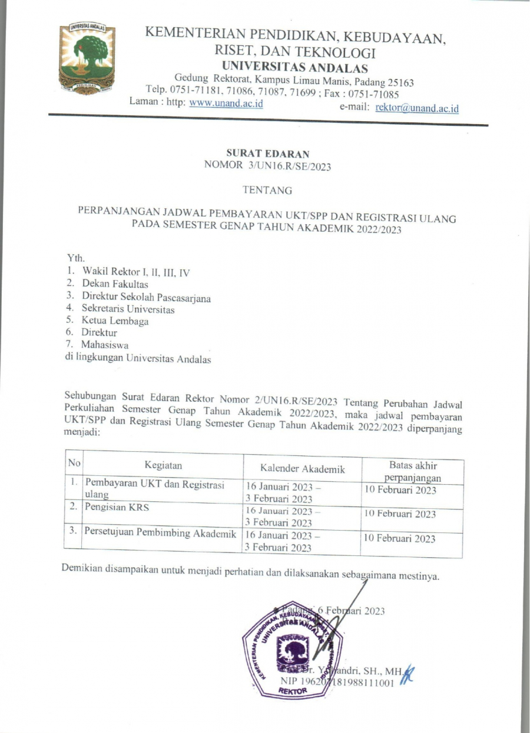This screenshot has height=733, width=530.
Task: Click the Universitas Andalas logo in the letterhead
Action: pyautogui.click(x=87, y=58)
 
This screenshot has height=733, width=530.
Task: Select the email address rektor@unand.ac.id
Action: pyautogui.click(x=416, y=108)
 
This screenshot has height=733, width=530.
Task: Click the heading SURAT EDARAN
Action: pyautogui.click(x=268, y=154)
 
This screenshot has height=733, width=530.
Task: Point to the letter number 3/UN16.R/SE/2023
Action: pyautogui.click(x=290, y=166)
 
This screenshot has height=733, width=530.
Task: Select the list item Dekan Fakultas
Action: pyautogui.click(x=115, y=284)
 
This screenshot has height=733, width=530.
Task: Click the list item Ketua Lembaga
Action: pyautogui.click(x=115, y=321)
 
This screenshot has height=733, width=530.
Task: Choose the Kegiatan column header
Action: pyautogui.click(x=163, y=465)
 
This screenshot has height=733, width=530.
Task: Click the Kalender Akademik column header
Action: pyautogui.click(x=302, y=469)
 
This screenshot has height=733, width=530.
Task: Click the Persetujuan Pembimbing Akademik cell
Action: pyautogui.click(x=160, y=533)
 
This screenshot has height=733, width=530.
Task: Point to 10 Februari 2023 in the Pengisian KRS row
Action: pyautogui.click(x=400, y=514)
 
